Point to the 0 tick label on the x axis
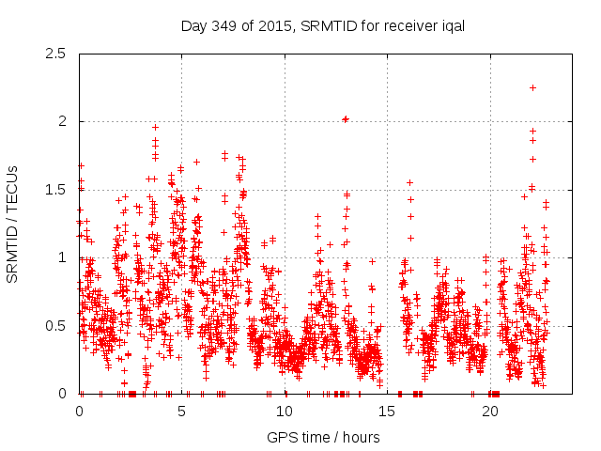[x=79, y=412]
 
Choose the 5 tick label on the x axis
[x=182, y=412]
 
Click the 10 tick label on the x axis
[x=285, y=412]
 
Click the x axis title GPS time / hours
[x=323, y=437]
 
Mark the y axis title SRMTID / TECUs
[x=13, y=224]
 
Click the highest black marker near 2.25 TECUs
[x=532, y=87]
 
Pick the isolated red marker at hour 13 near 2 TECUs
[x=346, y=118]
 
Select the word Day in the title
[x=193, y=26]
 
